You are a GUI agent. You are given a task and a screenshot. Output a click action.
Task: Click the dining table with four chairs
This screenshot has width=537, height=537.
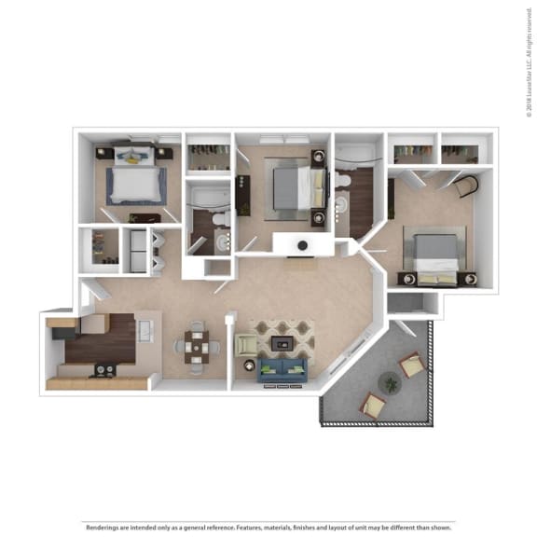[x=196, y=346]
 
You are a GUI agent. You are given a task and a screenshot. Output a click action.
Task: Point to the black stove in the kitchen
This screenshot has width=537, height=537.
[x=103, y=370]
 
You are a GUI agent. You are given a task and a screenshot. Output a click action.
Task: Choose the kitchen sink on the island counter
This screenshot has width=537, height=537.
[x=146, y=331]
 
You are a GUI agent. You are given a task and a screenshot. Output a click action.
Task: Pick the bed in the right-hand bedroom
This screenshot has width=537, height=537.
[x=434, y=256]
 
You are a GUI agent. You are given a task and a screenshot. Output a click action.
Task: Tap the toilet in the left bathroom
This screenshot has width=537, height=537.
[x=220, y=219]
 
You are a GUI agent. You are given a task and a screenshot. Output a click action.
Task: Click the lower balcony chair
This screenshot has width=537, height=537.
[x=373, y=404]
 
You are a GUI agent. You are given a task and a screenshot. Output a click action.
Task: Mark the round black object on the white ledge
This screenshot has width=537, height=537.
[x=303, y=246]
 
